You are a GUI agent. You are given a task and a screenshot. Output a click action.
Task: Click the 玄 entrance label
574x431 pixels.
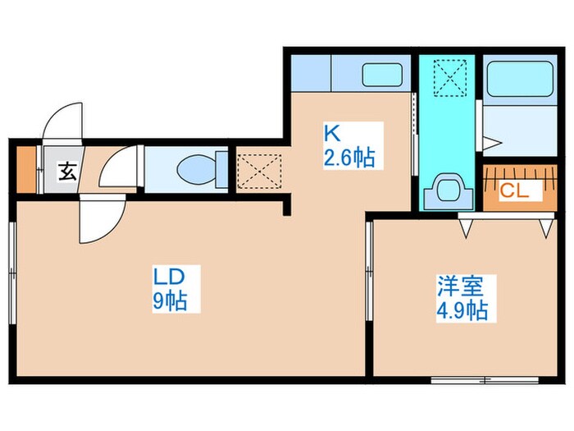pos(66,172)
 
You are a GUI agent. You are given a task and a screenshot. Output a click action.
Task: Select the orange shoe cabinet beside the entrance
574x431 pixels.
pos(26,169)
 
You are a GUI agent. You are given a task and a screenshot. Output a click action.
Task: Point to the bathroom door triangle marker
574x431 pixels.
pos(490,143)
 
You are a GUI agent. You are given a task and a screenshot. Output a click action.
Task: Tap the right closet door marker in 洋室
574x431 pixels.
pos(545,228)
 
